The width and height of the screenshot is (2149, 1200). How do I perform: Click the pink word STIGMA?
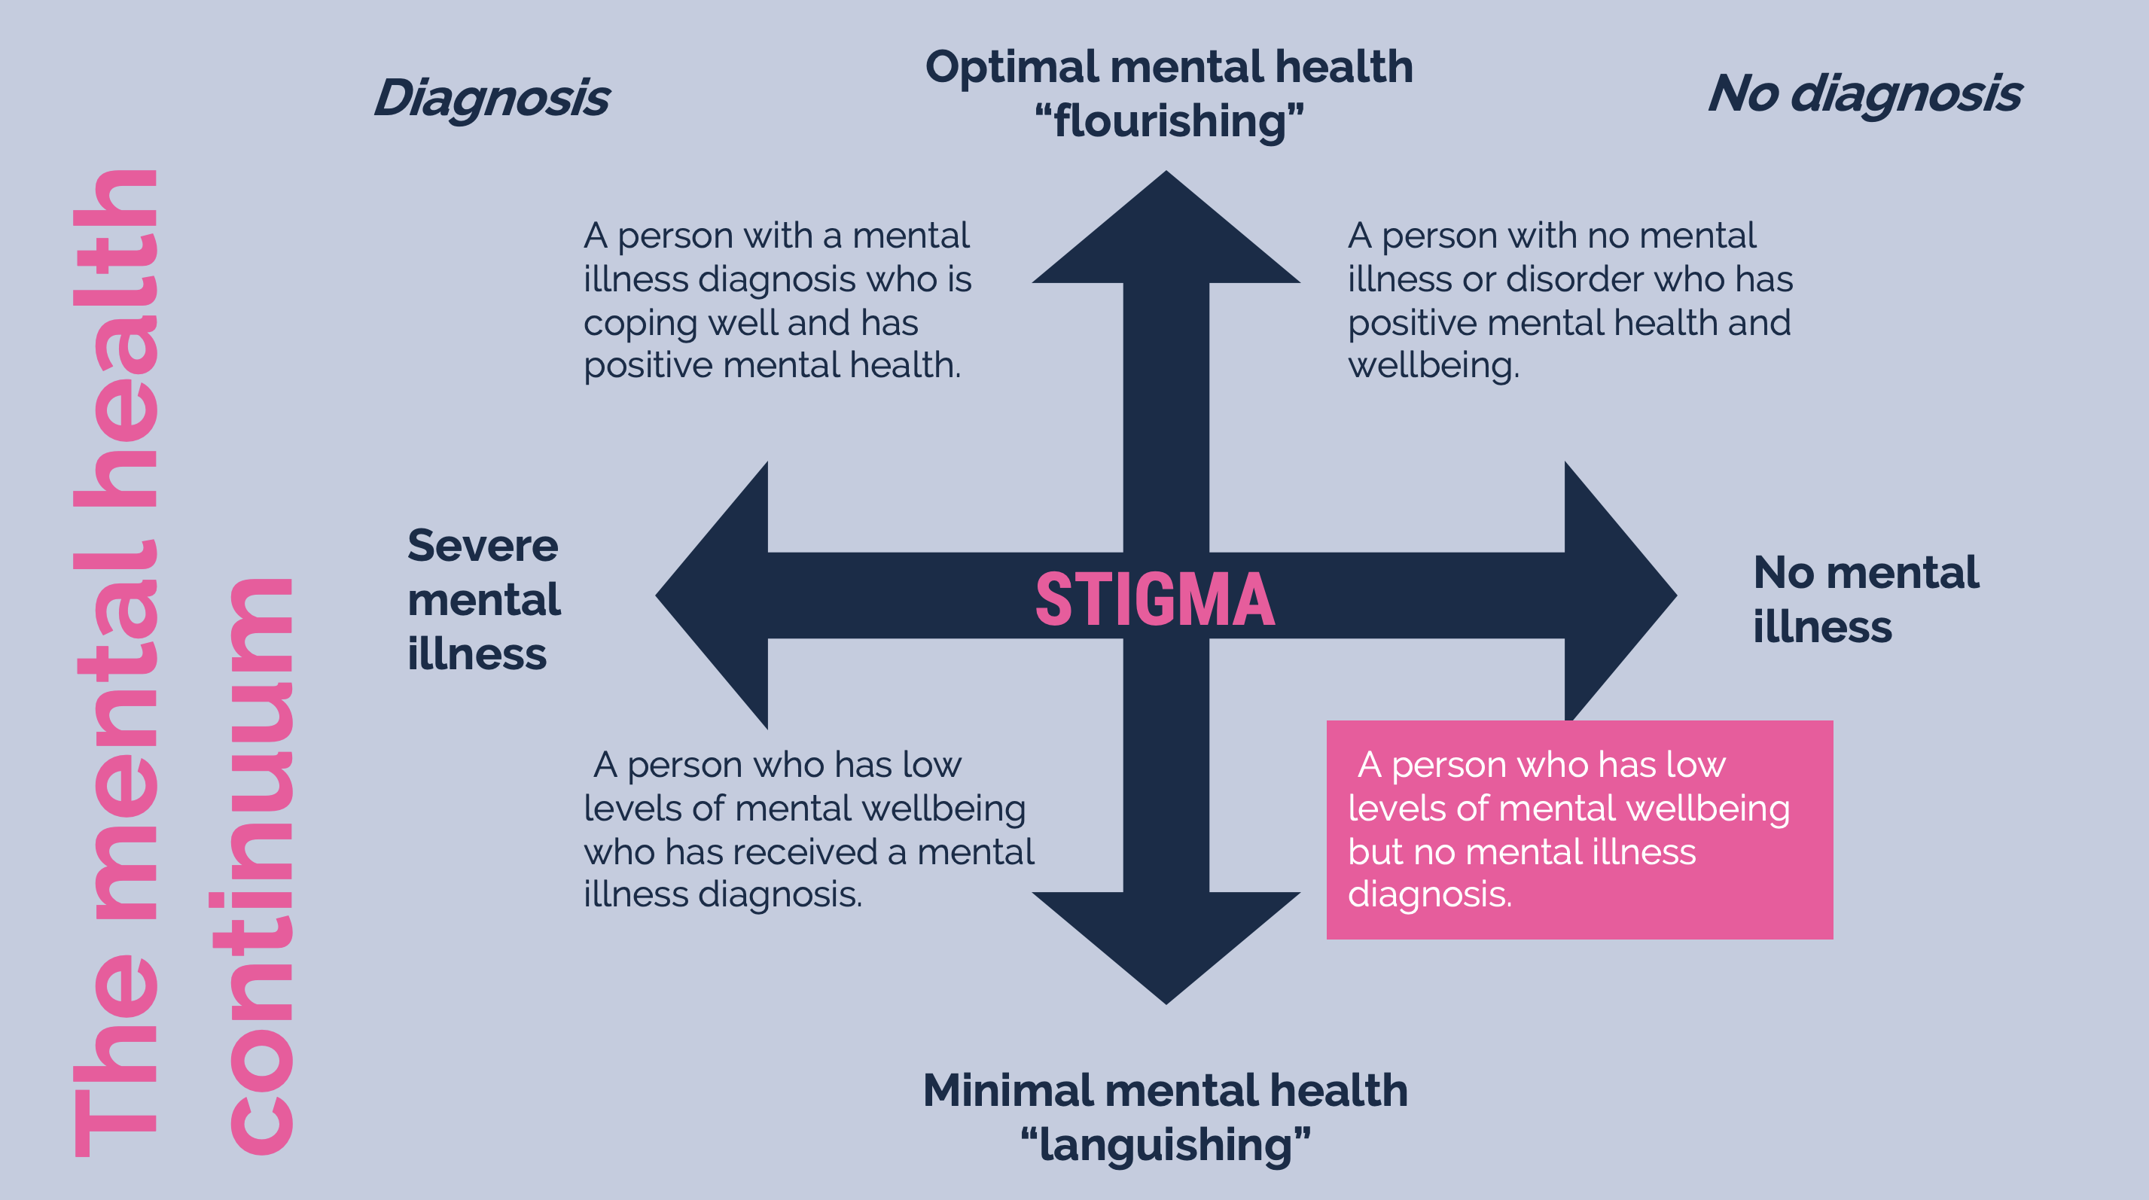tap(1154, 598)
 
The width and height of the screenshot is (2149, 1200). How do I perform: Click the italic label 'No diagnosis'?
tap(1864, 93)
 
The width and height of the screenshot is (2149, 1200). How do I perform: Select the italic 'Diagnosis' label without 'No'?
tap(492, 99)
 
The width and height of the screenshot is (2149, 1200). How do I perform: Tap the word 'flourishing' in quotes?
tap(1169, 122)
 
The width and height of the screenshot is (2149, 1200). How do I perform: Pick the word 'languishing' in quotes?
tap(1166, 1144)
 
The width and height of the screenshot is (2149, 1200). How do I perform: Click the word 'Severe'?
tap(482, 547)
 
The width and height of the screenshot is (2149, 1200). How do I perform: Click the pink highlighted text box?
tap(1578, 830)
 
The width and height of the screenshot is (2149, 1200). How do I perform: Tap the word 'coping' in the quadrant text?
tap(639, 324)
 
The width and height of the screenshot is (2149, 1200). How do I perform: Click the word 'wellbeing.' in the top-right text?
tap(1433, 366)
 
